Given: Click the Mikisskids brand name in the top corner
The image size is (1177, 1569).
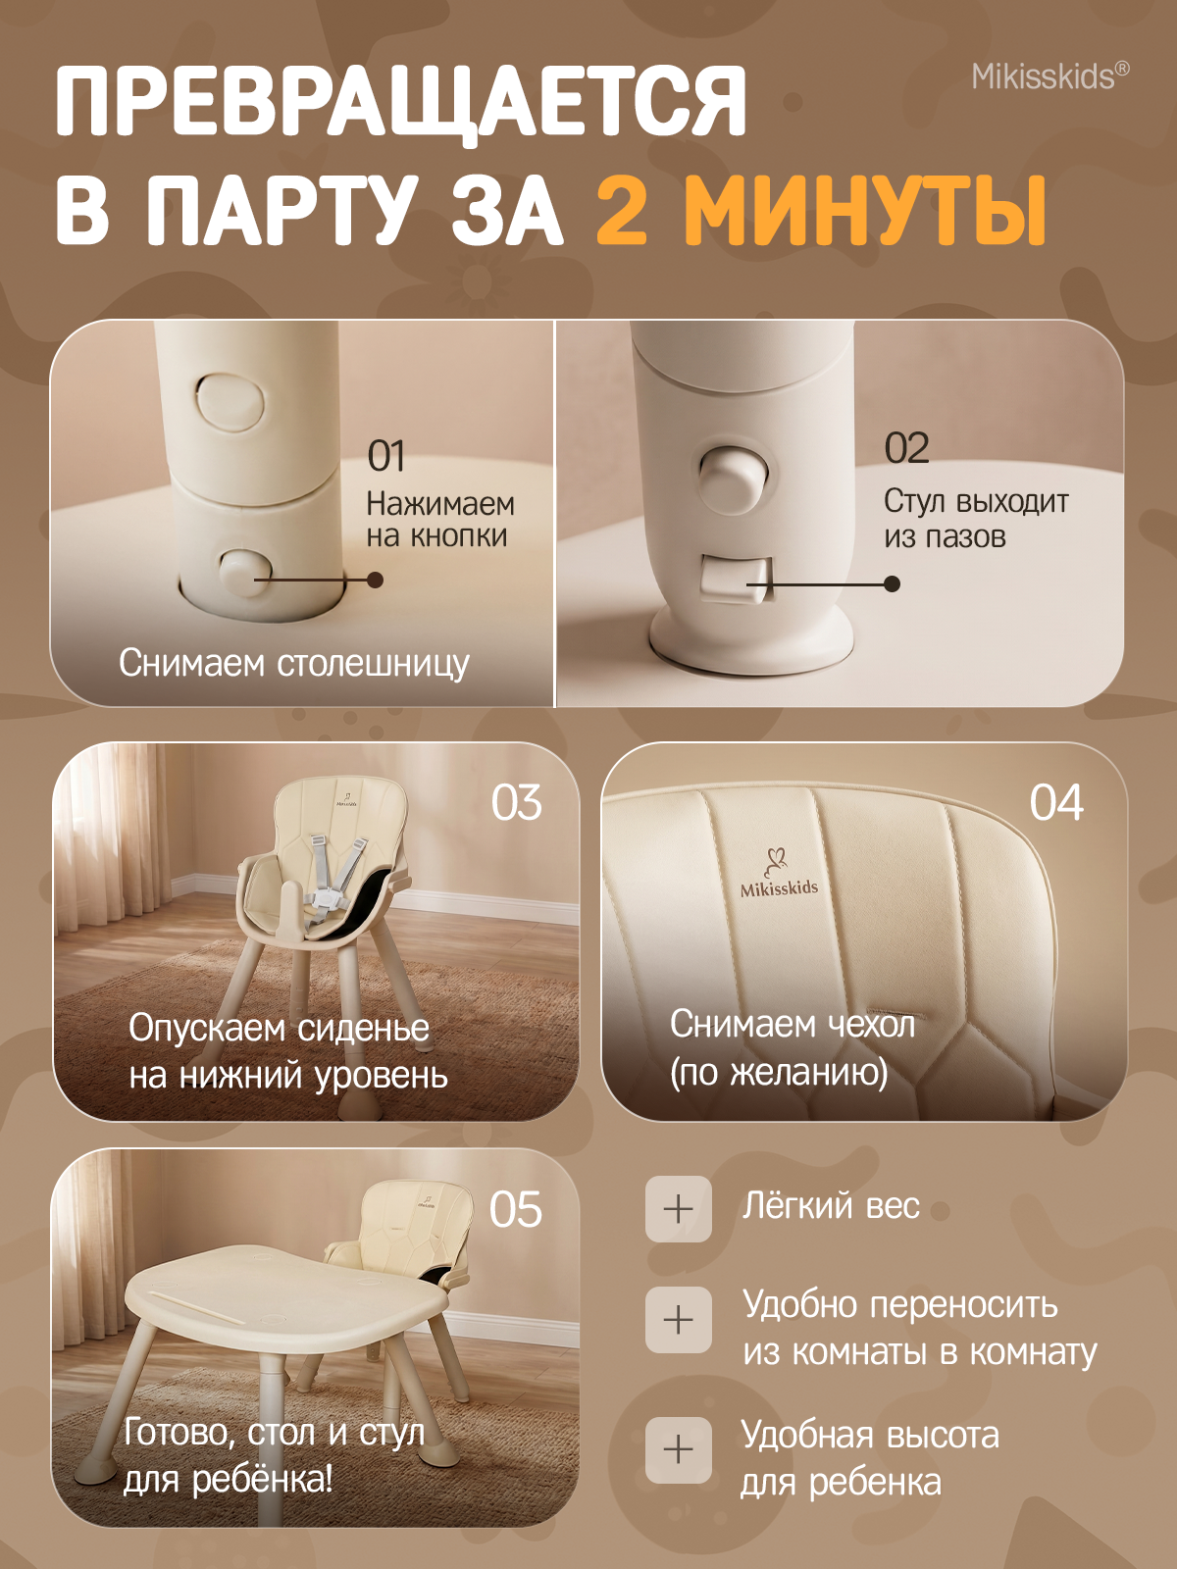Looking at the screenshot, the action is pos(1050,77).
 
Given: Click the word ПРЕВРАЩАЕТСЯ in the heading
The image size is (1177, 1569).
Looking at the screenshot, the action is pos(401,102).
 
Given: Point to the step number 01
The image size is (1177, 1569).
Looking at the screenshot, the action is pos(385,456).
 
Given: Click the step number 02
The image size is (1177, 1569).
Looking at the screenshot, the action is pos(906,448).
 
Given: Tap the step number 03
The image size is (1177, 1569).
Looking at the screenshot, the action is pos(516,803).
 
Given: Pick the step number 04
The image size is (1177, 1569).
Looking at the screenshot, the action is pos(1055,803).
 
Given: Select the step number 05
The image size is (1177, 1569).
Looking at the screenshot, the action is pos(515,1210).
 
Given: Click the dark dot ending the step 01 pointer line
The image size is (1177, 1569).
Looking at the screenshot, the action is pos(376,580).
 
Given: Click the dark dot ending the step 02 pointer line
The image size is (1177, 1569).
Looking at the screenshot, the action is pos(892,584).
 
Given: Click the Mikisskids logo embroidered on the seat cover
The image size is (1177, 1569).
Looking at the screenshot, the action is pos(779,873).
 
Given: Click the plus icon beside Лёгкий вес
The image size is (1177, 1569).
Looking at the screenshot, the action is pos(678,1209).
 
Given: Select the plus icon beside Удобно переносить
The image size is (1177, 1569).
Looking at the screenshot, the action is pos(678,1320).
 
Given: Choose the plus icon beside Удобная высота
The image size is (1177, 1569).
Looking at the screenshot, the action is pos(678,1450).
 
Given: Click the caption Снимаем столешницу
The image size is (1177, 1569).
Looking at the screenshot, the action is pos(293,663).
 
